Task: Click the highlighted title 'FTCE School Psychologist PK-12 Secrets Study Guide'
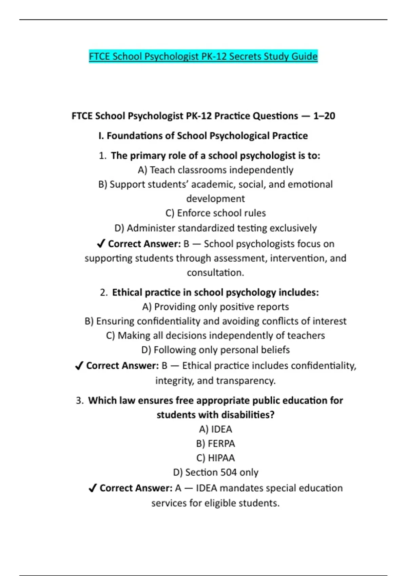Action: (x=203, y=56)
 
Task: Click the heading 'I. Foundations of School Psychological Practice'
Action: (x=203, y=136)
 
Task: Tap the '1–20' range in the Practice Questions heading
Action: (x=324, y=116)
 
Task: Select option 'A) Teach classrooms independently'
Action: (x=215, y=170)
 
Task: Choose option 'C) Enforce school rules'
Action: (x=215, y=213)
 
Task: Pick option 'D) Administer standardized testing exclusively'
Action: (x=215, y=228)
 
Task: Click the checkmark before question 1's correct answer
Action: (x=101, y=244)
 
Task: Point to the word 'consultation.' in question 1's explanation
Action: (x=215, y=273)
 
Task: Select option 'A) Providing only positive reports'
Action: (x=215, y=307)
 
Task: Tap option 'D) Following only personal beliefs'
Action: (x=215, y=350)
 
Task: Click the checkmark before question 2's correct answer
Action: (x=79, y=366)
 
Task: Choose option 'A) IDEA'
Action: (x=215, y=429)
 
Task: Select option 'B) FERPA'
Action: (x=215, y=444)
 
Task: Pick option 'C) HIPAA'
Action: (x=215, y=458)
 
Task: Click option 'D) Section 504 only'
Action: (x=215, y=472)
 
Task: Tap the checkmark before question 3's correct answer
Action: (x=92, y=488)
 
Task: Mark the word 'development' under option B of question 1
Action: (x=215, y=199)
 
